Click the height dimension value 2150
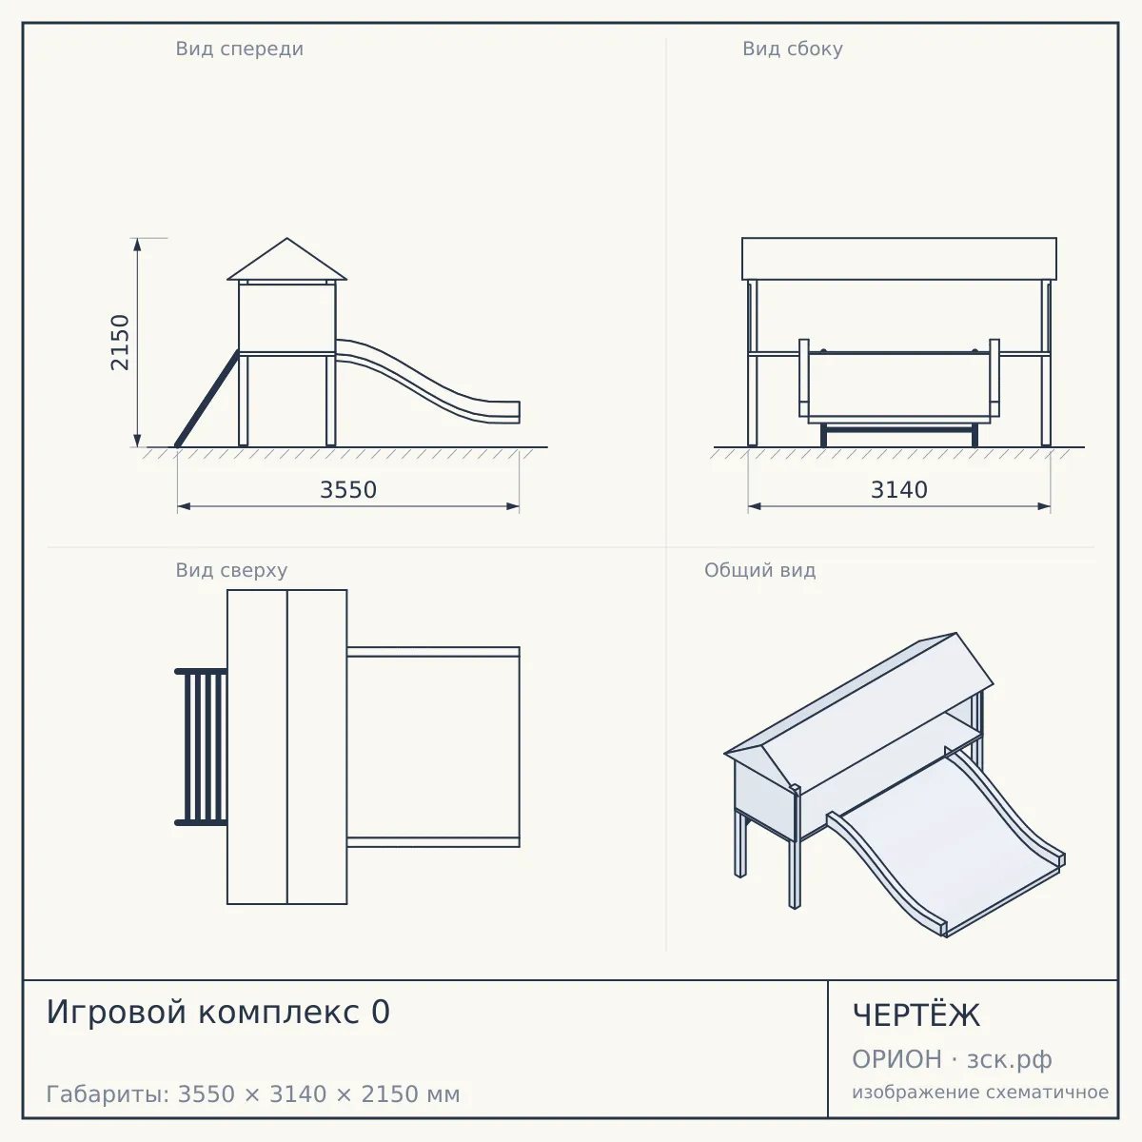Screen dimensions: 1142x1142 (120, 343)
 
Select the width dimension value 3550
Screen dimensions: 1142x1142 (348, 490)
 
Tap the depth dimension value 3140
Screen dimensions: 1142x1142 (899, 490)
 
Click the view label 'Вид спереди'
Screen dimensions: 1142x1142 (240, 49)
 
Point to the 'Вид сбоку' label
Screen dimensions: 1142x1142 (793, 49)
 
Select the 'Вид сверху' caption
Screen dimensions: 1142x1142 (231, 570)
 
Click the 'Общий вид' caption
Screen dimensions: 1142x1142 (759, 570)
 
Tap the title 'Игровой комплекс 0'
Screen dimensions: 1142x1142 (218, 1012)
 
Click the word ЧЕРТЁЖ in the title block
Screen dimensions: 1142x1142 (916, 1014)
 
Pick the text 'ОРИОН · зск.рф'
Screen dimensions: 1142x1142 (952, 1059)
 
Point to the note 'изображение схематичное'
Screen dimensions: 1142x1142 (980, 1093)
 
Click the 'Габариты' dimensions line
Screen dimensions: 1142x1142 (253, 1094)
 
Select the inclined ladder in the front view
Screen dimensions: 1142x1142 (207, 398)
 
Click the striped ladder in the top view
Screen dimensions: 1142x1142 (201, 747)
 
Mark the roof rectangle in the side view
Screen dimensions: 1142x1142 (899, 259)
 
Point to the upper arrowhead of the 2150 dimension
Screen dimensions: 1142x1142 (137, 245)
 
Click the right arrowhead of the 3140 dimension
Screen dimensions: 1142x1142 (1044, 506)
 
